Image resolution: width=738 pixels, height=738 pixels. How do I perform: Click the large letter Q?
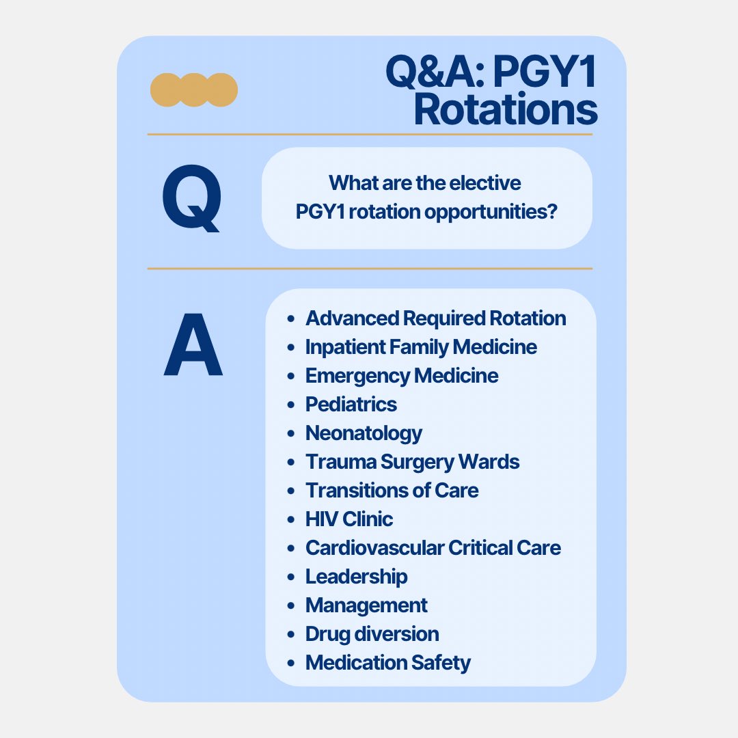click(192, 197)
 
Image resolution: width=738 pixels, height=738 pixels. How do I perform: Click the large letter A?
click(193, 346)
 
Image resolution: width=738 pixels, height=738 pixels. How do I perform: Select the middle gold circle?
click(194, 90)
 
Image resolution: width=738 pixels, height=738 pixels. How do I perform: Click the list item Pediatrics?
click(351, 404)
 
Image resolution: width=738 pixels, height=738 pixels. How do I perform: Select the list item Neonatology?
click(364, 433)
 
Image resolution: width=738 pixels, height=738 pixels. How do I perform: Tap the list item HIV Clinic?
click(348, 519)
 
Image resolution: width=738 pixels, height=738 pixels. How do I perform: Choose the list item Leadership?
click(356, 576)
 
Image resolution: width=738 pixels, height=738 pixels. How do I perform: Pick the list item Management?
click(366, 605)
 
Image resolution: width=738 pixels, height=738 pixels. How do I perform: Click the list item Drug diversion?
click(372, 633)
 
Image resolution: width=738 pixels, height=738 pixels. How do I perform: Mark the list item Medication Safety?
click(387, 662)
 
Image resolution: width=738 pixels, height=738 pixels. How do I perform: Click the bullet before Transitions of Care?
click(292, 491)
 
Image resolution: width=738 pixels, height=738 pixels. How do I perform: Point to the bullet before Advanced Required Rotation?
click(292, 318)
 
